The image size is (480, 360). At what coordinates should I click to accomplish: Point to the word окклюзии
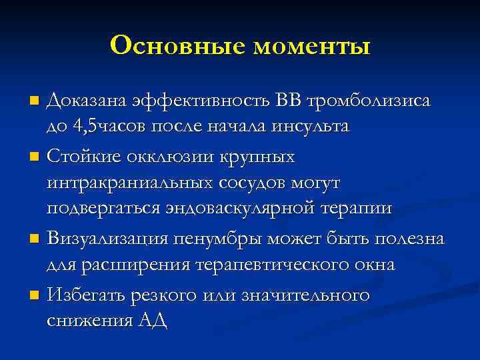[163, 158]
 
